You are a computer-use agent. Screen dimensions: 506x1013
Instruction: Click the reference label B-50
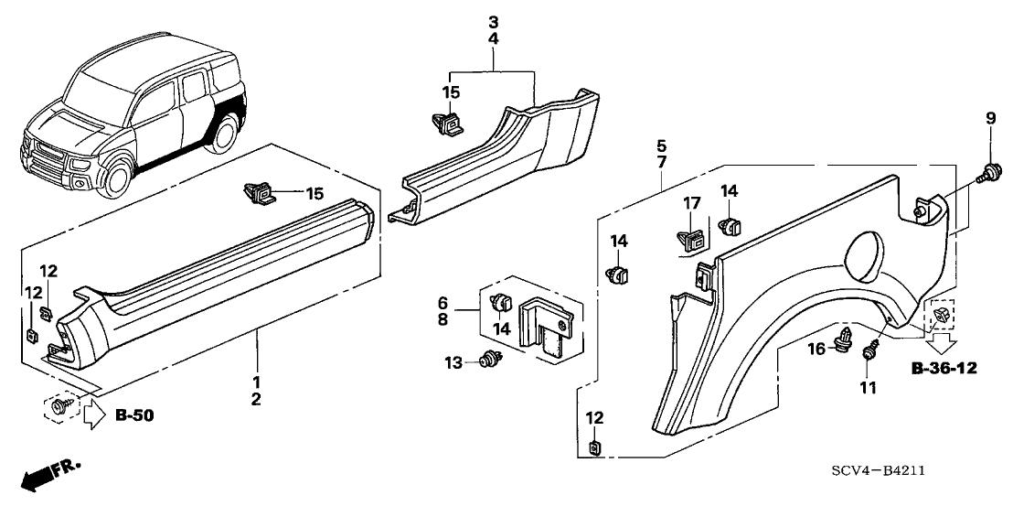pos(135,416)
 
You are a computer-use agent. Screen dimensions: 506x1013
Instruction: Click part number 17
pos(693,203)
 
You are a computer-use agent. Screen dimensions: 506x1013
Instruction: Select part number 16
pos(816,348)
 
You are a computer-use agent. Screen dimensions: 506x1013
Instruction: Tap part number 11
pos(868,388)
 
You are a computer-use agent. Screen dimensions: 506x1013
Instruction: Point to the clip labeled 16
pos(845,341)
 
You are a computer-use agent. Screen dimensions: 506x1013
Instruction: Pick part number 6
pos(442,303)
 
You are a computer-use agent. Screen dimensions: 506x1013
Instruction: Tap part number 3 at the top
pos(493,22)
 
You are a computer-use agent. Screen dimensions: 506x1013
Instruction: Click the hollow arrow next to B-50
pos(94,416)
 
